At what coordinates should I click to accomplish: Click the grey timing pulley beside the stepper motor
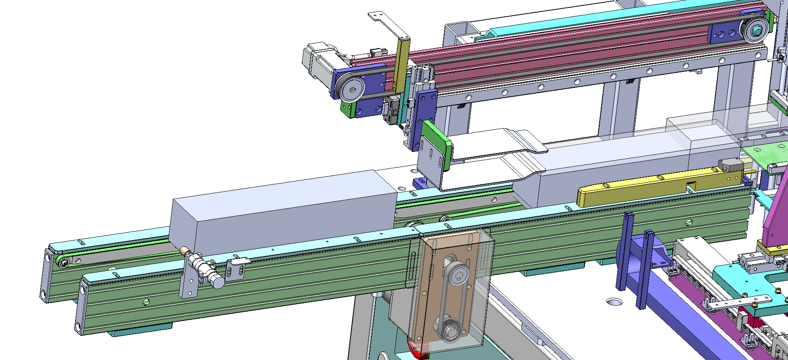pos(351,89)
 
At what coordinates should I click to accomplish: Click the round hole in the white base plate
pos(614,302)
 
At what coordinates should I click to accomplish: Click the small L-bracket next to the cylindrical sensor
pos(238,267)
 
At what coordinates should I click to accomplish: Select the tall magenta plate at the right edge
pos(776,213)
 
